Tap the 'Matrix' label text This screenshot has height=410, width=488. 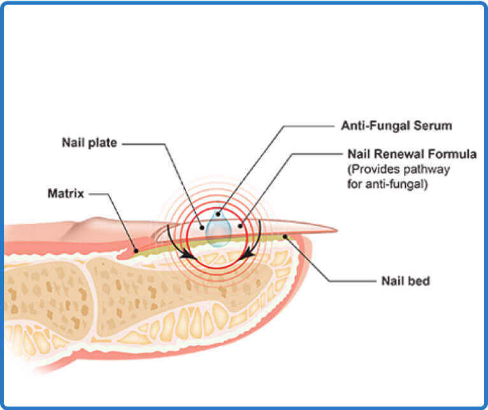click(66, 192)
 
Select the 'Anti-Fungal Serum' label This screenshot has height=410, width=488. click(396, 126)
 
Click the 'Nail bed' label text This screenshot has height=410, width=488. click(405, 281)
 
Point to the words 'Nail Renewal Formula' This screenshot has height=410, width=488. click(412, 154)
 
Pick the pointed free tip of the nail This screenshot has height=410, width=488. click(334, 228)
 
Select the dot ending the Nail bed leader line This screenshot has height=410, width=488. click(287, 237)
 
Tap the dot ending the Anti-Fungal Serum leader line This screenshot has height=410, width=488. click(218, 215)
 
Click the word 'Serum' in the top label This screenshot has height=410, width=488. click(433, 126)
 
